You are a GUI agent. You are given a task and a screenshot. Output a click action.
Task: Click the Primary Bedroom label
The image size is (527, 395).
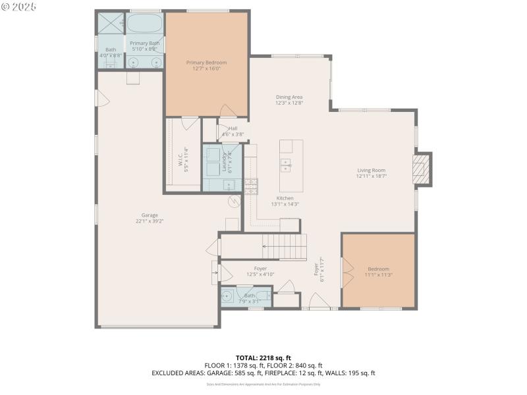206,63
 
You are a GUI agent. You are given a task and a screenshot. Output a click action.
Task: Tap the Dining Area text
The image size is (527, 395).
289,97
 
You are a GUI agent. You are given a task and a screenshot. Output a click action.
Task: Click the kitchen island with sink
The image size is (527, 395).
291,165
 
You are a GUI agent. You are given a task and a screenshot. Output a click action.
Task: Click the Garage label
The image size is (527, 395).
150,215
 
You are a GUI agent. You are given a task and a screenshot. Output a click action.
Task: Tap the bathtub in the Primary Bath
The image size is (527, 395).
145,24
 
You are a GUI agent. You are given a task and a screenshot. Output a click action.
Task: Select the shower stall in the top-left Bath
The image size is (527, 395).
111,23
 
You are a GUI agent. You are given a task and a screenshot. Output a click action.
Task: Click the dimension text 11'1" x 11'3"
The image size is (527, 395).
378,275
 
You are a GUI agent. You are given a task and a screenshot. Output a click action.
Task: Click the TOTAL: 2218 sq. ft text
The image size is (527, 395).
263,358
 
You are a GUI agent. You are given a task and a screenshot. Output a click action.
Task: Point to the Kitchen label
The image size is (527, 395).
285,198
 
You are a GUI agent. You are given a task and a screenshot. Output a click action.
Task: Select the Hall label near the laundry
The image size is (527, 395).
233,128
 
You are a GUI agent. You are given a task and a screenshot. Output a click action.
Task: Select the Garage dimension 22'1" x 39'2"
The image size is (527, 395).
150,221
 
